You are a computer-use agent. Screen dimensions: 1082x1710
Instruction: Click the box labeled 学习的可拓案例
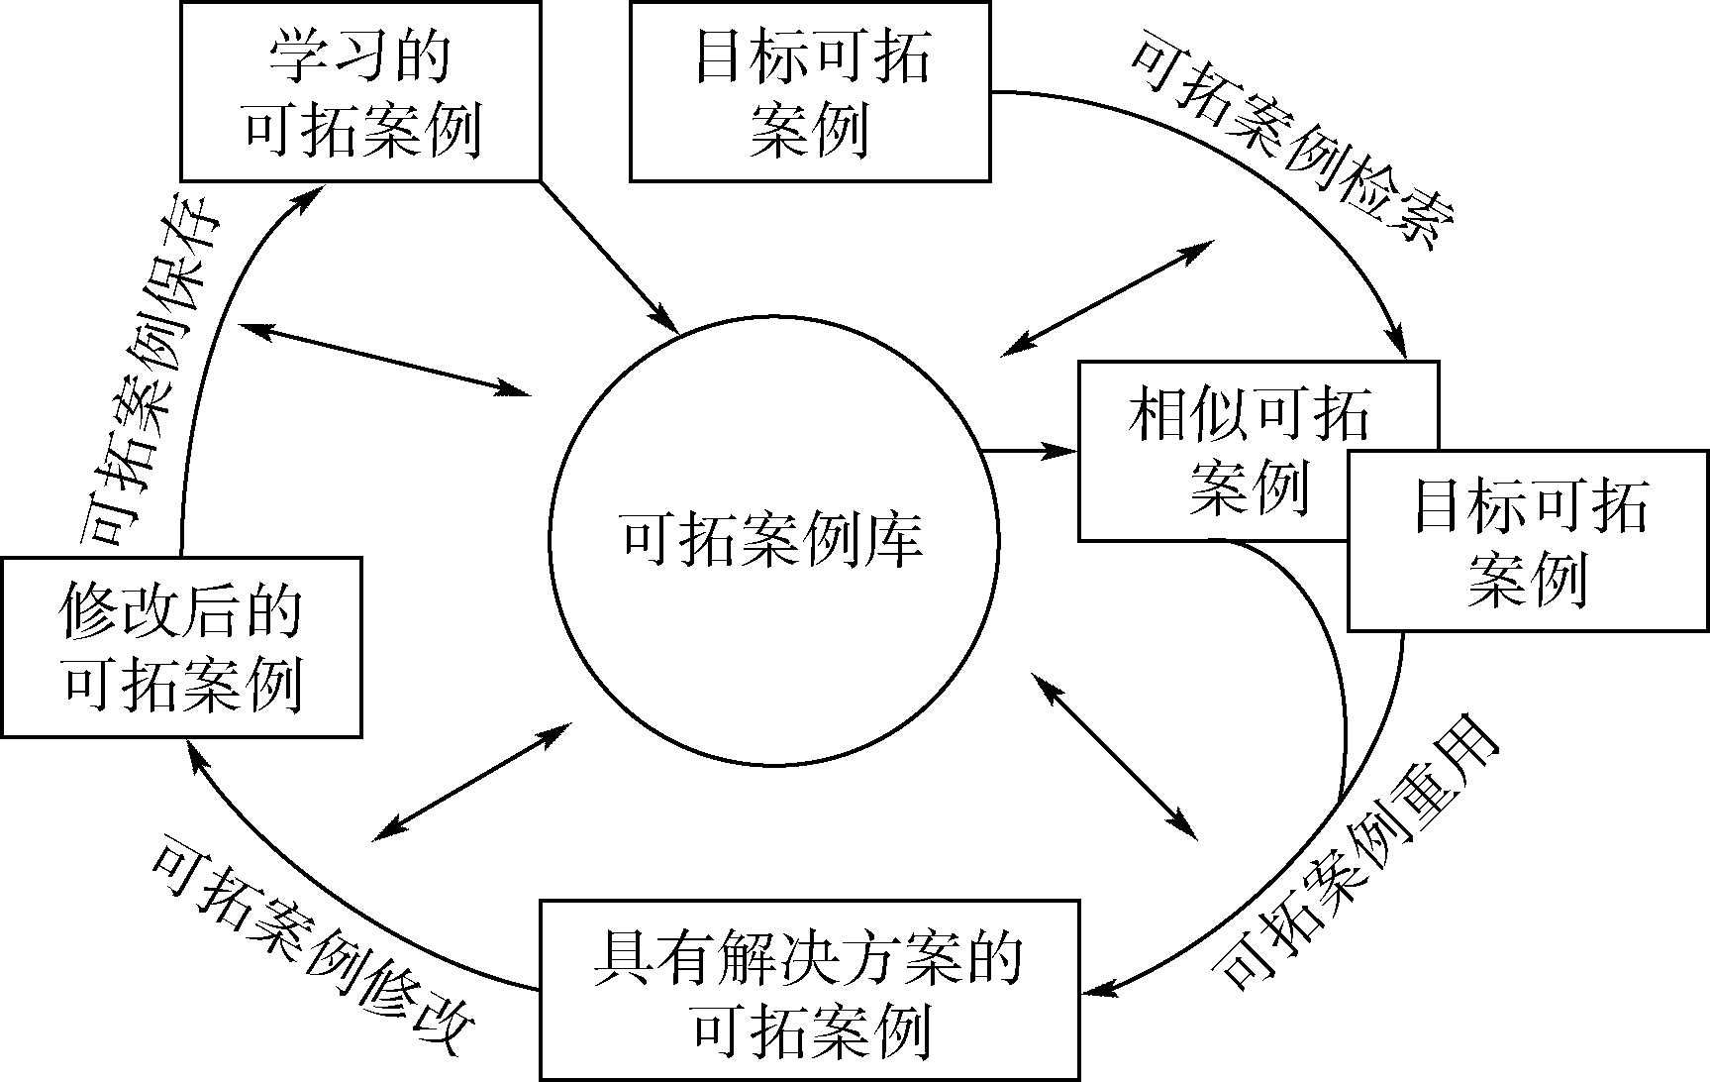pos(360,91)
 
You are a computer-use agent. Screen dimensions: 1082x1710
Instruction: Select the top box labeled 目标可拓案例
pos(810,91)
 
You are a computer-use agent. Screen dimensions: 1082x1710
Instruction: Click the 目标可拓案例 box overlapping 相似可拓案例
pos(1528,541)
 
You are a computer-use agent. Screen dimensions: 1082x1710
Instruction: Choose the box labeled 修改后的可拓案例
pos(181,647)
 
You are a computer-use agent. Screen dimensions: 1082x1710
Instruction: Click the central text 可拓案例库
pos(772,541)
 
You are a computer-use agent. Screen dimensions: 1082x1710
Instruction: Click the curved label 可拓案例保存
pos(149,377)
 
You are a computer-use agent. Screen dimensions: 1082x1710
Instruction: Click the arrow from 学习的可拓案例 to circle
pos(609,256)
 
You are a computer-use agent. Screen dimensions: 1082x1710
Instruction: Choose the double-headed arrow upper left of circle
pos(386,360)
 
